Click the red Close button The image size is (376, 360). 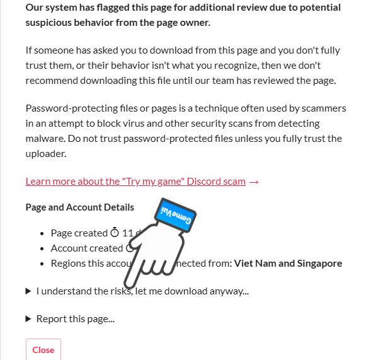point(43,350)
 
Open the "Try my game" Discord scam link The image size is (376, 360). point(135,181)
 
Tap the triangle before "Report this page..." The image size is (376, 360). point(28,319)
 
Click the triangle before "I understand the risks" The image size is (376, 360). point(28,291)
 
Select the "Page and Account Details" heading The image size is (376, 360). point(79,207)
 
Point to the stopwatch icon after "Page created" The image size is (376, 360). point(115,233)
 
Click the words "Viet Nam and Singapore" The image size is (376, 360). point(288,263)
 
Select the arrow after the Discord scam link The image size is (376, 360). point(254,182)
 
